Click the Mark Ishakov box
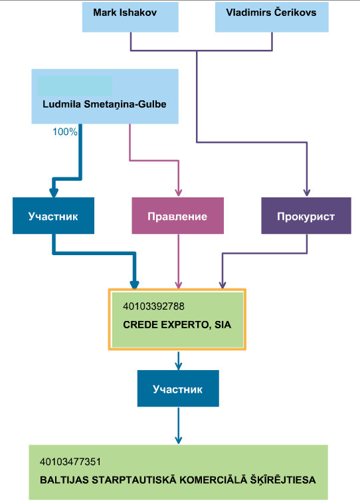pos(130,17)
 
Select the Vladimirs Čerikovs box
pos(272,17)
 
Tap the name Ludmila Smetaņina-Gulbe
pos(104,104)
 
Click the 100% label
pos(65,132)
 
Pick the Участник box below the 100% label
pos(53,215)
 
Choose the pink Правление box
pos(177,215)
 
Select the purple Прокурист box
pos(306,215)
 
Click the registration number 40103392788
pos(153,306)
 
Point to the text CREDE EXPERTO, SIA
pos(177,325)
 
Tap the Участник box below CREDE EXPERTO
pos(178,389)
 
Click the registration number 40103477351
pos(70,462)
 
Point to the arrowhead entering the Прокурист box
pos(307,193)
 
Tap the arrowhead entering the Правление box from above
pos(179,193)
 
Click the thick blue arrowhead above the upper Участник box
pos(54,193)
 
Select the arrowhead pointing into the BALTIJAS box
pos(179,440)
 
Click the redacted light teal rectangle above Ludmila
pos(74,86)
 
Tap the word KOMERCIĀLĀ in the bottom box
pos(213,480)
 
